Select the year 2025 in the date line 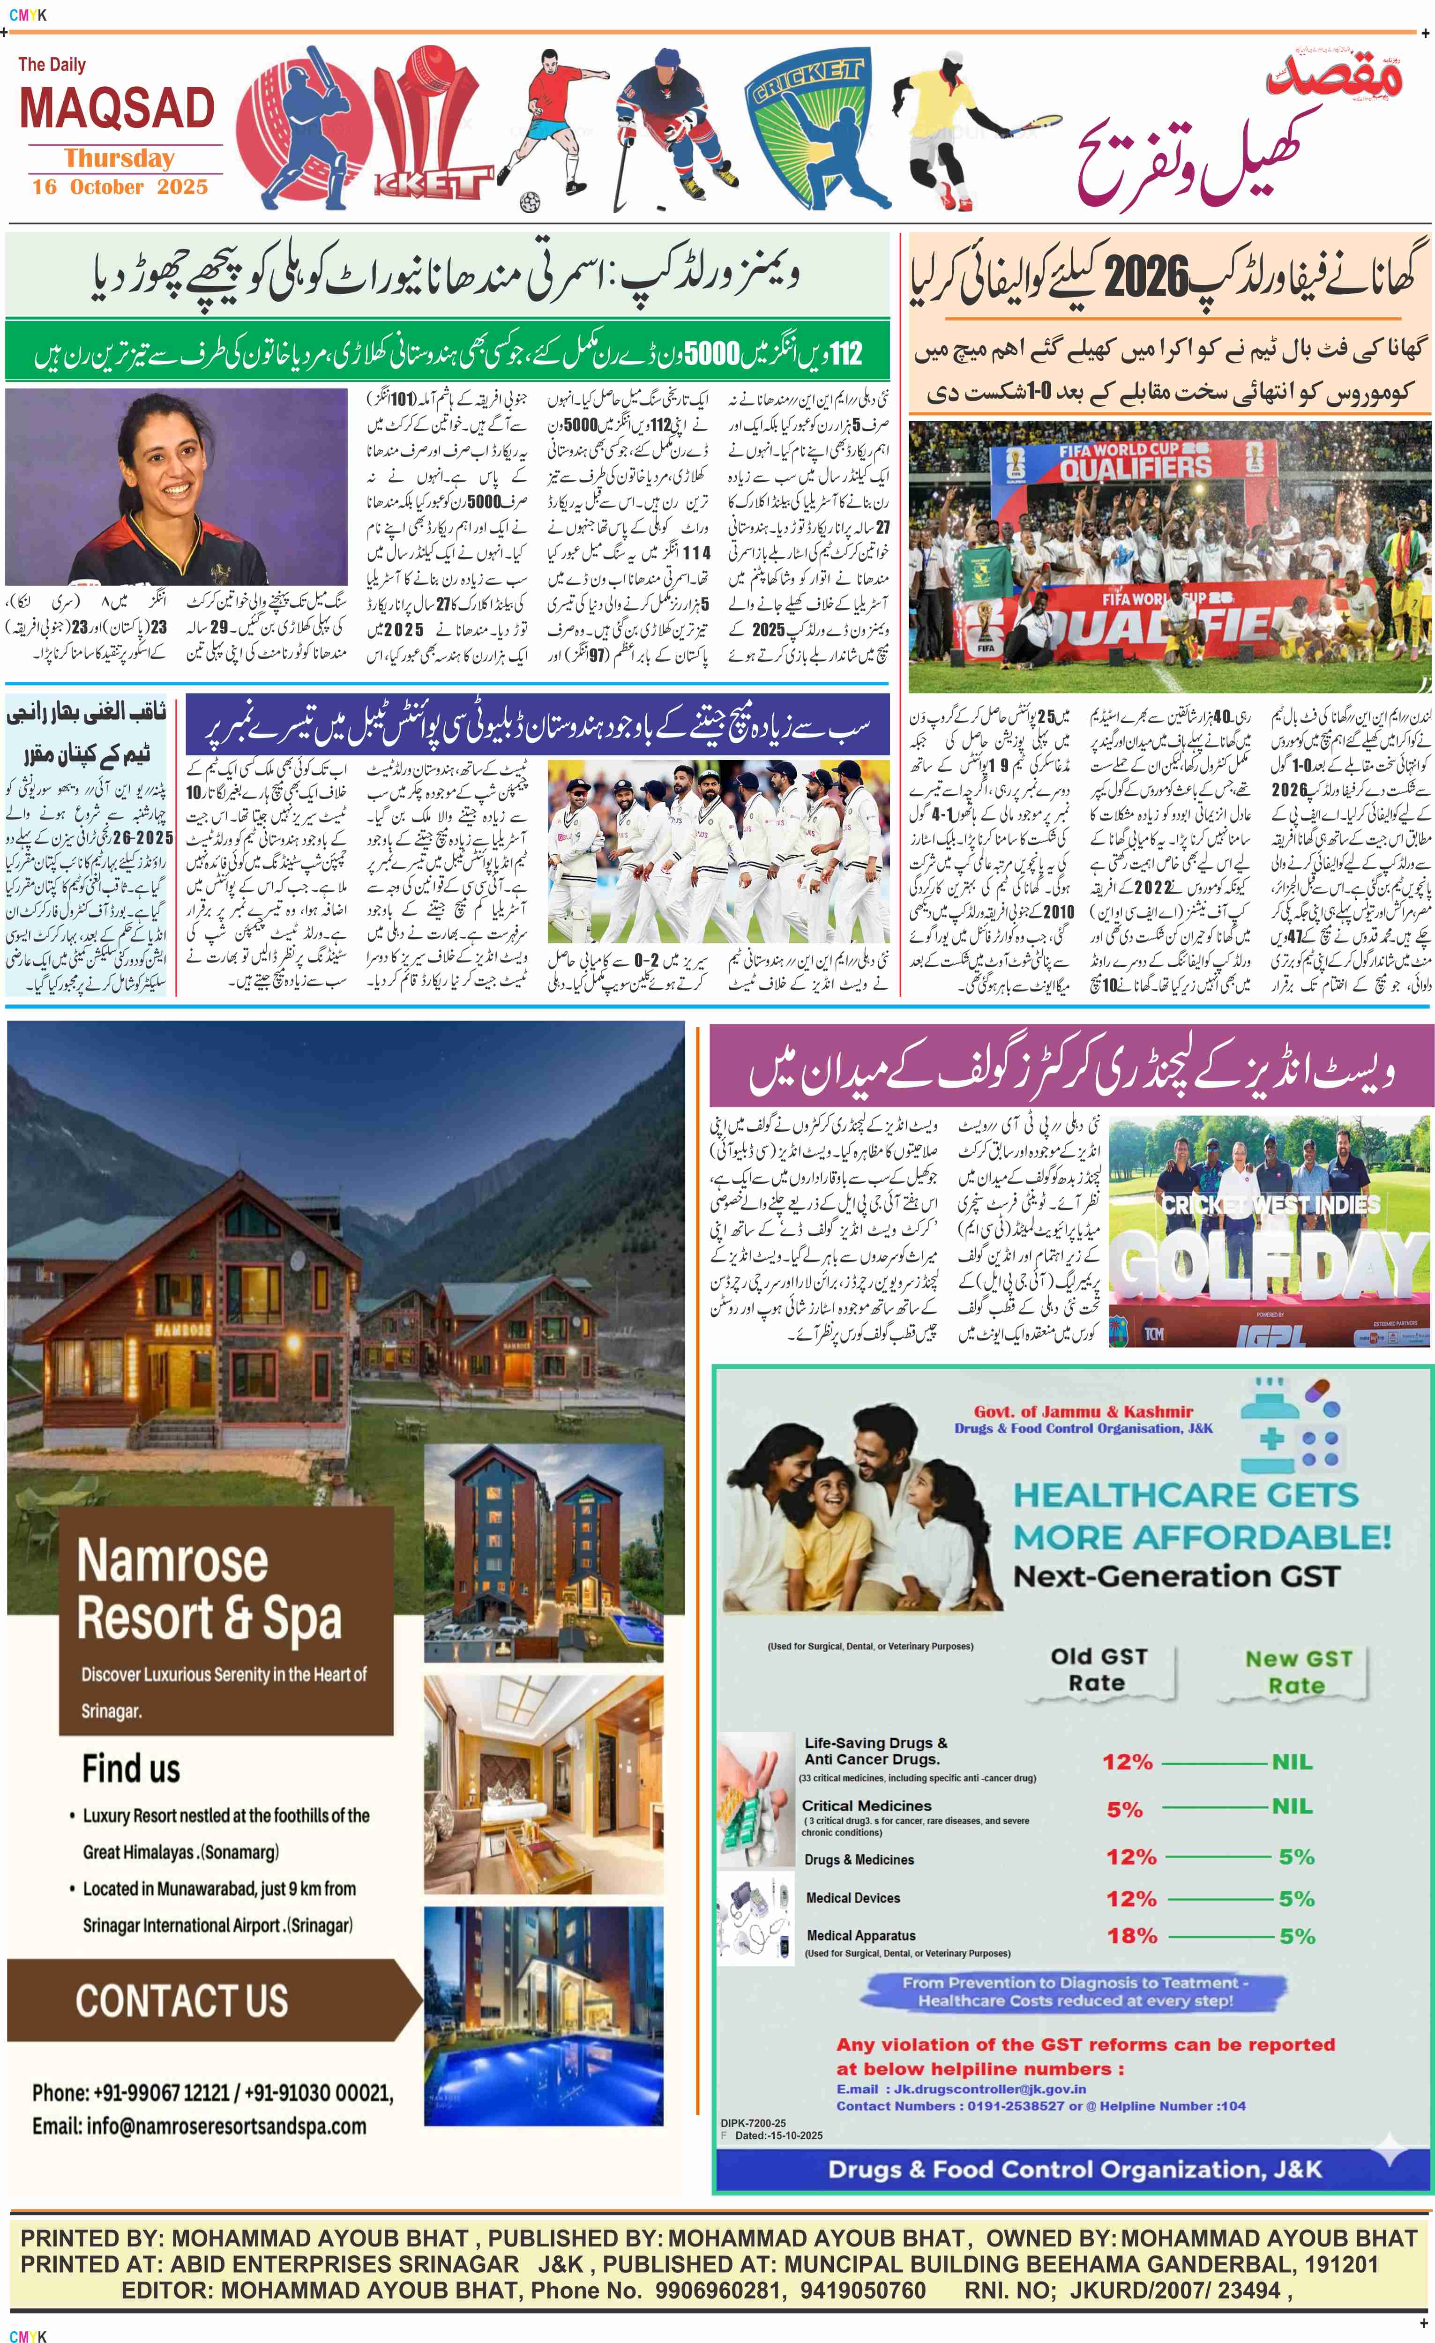[183, 187]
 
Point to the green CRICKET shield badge [807, 128]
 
